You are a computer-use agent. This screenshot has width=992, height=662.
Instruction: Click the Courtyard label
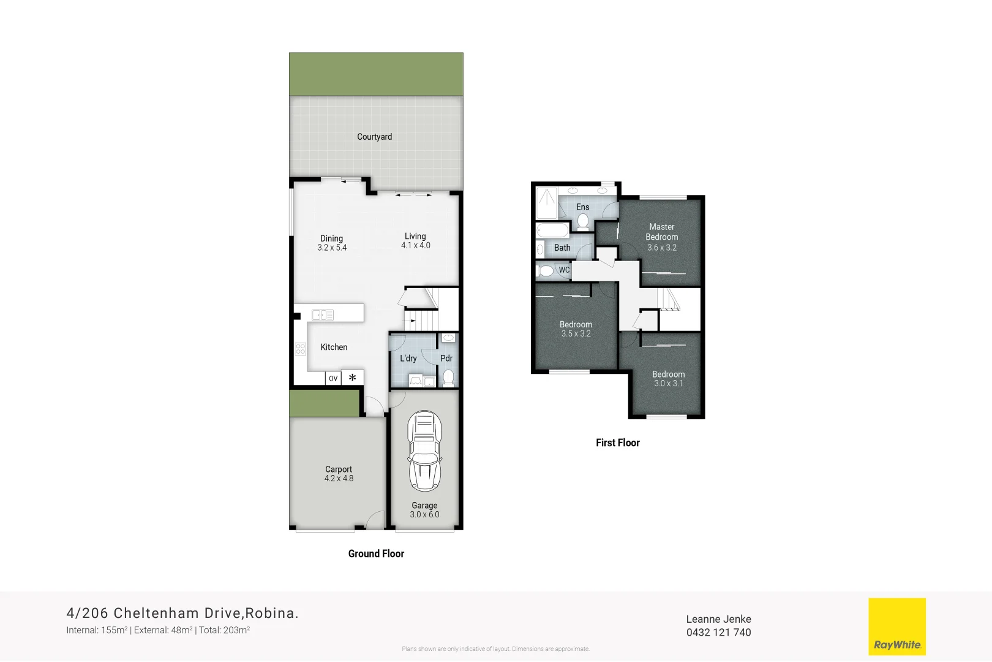click(375, 137)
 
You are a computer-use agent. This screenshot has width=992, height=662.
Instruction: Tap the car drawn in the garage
click(424, 452)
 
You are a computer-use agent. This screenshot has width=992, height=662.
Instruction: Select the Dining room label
click(331, 238)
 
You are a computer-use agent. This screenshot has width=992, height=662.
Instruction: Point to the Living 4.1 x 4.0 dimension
click(416, 245)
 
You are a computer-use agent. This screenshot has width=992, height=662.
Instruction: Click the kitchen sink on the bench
click(323, 315)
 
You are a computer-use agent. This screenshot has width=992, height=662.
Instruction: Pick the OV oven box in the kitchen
click(333, 378)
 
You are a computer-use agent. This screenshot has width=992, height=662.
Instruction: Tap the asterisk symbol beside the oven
click(353, 378)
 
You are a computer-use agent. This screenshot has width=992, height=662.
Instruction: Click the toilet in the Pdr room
click(448, 378)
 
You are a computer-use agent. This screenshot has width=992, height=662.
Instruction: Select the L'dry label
click(408, 359)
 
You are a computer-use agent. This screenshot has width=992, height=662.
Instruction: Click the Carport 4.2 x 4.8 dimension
click(339, 479)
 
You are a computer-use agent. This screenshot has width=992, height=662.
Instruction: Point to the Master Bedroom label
click(662, 232)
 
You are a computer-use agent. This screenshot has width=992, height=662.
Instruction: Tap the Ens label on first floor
click(583, 207)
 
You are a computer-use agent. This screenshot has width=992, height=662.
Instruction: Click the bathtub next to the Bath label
click(552, 230)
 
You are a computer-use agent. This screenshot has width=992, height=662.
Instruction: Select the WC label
click(564, 270)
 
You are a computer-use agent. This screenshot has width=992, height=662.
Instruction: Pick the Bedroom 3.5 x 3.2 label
click(576, 329)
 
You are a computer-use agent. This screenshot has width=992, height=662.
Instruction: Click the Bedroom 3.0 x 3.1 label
click(668, 378)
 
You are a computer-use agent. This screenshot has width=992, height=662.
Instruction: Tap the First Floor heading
click(617, 443)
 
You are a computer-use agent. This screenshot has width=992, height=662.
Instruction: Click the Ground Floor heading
click(376, 554)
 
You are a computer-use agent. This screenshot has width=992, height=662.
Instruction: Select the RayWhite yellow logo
click(897, 626)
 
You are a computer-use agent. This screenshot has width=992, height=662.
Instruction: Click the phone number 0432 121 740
click(718, 633)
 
